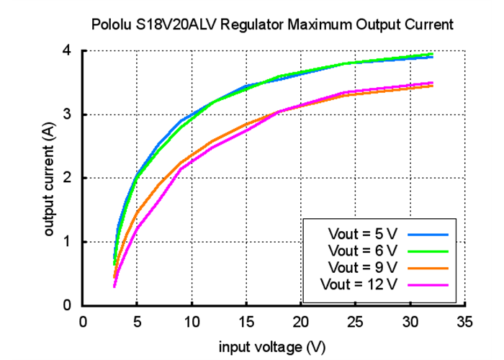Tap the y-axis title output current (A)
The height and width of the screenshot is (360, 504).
(50, 178)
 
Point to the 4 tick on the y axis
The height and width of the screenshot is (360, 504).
(66, 51)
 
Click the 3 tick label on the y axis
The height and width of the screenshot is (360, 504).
(66, 114)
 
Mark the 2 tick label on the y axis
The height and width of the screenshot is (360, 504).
(66, 178)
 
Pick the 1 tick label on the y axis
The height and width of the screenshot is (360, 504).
(66, 242)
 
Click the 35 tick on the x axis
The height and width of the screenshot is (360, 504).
(465, 322)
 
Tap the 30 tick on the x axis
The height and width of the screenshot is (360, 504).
(410, 322)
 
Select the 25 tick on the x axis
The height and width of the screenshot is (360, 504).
(356, 322)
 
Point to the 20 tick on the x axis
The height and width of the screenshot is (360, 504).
(301, 322)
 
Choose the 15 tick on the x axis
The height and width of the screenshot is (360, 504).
(247, 322)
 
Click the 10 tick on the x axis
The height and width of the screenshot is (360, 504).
(192, 322)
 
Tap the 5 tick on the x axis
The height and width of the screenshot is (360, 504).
(138, 322)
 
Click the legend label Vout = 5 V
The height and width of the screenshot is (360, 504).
(361, 234)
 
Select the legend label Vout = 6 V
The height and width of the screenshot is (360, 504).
(361, 251)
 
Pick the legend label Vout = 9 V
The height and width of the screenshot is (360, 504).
(361, 267)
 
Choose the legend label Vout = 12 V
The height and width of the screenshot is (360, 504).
(359, 284)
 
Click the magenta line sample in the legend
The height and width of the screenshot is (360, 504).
(428, 284)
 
